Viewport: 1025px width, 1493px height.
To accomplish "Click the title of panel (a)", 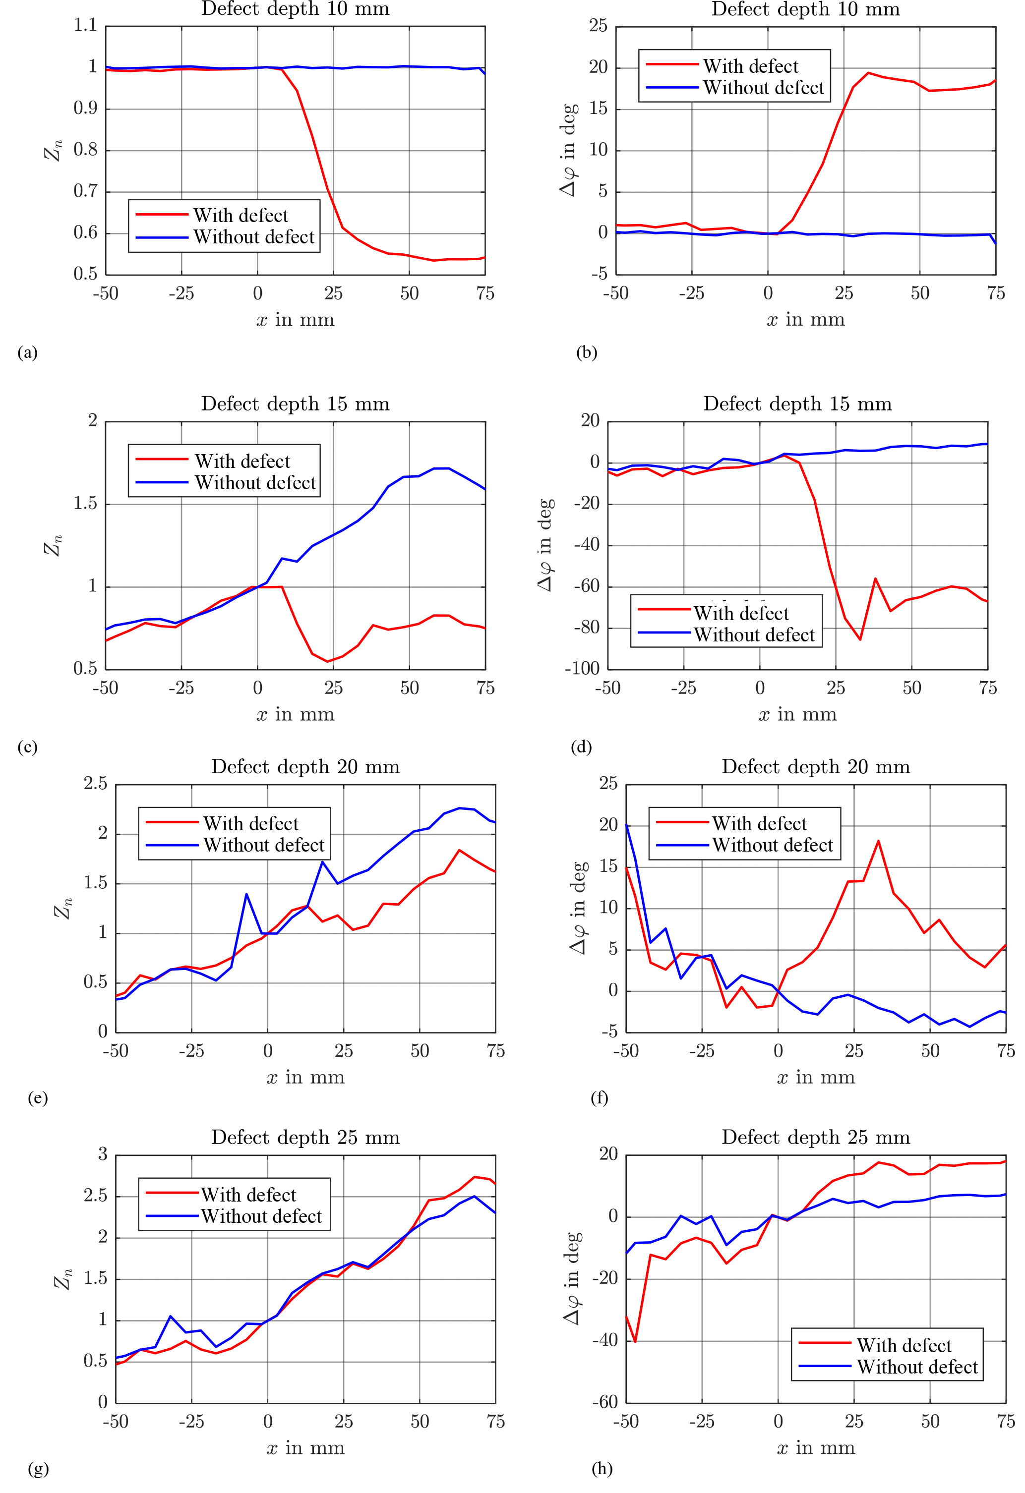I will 295,9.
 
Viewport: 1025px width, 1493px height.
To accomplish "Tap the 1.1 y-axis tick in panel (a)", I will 85,25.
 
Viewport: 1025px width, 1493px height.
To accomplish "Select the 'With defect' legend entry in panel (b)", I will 750,66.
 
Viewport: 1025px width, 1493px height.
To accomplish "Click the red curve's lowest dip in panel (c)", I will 328,661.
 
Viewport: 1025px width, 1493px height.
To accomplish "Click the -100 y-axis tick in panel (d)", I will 582,669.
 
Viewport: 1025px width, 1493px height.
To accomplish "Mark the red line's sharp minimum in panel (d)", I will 860,639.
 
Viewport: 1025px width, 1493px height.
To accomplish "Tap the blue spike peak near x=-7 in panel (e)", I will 246,894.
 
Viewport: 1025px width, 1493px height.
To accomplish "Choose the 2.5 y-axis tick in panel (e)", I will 95,783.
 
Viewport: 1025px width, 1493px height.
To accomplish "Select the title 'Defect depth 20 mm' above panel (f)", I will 816,766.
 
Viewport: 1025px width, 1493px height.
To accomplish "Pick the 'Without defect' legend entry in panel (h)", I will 917,1367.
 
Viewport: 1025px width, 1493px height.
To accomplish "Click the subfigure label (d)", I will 581,746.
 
